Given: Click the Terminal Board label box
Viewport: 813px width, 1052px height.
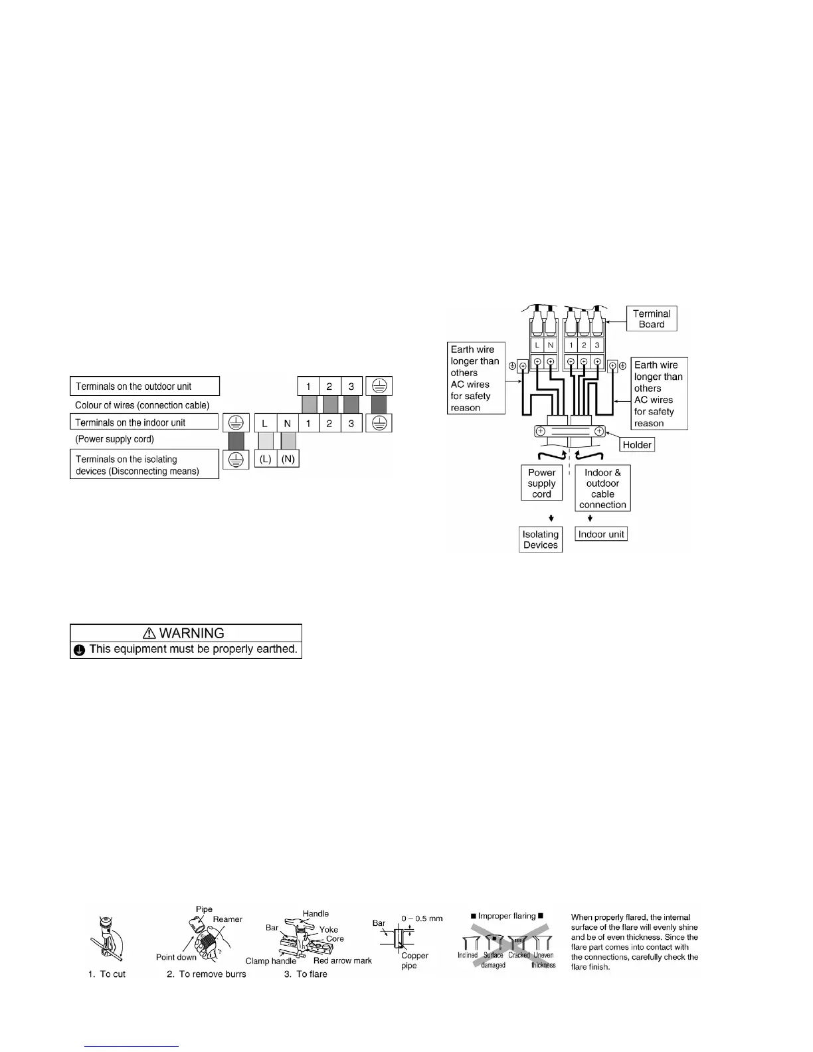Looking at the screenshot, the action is coord(651,319).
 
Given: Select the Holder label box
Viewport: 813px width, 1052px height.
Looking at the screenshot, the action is coord(637,445).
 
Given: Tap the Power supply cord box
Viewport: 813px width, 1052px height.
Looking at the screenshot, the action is coord(541,483).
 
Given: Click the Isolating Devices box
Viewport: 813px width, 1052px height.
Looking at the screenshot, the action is coord(541,539).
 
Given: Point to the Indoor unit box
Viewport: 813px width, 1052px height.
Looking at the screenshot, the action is coord(601,534).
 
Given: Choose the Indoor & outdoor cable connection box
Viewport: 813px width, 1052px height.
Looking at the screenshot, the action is coord(602,488).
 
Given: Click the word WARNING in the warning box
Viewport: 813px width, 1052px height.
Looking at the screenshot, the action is coord(191,633).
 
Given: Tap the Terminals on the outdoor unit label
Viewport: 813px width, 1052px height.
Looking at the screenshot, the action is coord(145,387).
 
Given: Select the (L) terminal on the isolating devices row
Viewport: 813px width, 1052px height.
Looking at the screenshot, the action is coord(265,459).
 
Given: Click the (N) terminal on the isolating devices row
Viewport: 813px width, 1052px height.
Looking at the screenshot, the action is coord(288,459).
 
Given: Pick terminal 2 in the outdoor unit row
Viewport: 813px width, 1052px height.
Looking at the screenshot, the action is coord(329,387).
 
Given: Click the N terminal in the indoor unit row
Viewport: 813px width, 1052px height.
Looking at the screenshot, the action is coord(287,423).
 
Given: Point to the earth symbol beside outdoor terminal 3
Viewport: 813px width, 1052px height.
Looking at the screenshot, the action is coord(379,387).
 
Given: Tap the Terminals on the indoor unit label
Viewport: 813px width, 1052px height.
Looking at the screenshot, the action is coord(144,422).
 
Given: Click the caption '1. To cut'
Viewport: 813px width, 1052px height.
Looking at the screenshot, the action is coord(107,974).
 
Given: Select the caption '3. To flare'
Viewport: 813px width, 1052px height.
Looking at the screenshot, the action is coord(306,974).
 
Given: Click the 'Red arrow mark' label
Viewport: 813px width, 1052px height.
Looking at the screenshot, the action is coord(342,960).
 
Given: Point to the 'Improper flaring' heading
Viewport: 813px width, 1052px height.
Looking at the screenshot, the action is coord(506,916).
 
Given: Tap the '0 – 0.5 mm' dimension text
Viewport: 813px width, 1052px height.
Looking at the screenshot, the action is coord(422,919).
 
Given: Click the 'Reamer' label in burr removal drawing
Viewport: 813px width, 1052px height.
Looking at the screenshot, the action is coord(227,919).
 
